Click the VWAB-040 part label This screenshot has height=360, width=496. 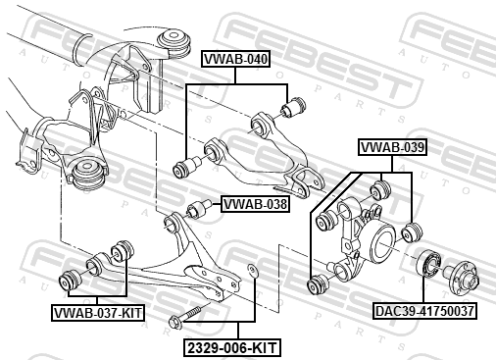(235, 59)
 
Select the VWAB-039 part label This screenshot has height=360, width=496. (392, 147)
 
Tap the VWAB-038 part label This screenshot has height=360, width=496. (255, 204)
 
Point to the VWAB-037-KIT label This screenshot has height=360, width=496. (98, 313)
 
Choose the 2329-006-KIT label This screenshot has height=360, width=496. (232, 347)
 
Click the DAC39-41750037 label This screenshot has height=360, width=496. (424, 311)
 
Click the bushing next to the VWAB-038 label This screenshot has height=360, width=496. (199, 209)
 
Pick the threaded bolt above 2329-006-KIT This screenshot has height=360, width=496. (185, 317)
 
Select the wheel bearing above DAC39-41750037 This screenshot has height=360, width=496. (429, 262)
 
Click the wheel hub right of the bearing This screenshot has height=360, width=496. (463, 276)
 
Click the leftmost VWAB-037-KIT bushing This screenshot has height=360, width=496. (71, 281)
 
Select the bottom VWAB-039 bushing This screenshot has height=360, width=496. (319, 283)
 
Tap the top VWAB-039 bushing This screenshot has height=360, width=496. (380, 190)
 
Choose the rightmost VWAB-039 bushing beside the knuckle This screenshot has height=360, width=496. (412, 232)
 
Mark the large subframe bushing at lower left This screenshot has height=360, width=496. (89, 174)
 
